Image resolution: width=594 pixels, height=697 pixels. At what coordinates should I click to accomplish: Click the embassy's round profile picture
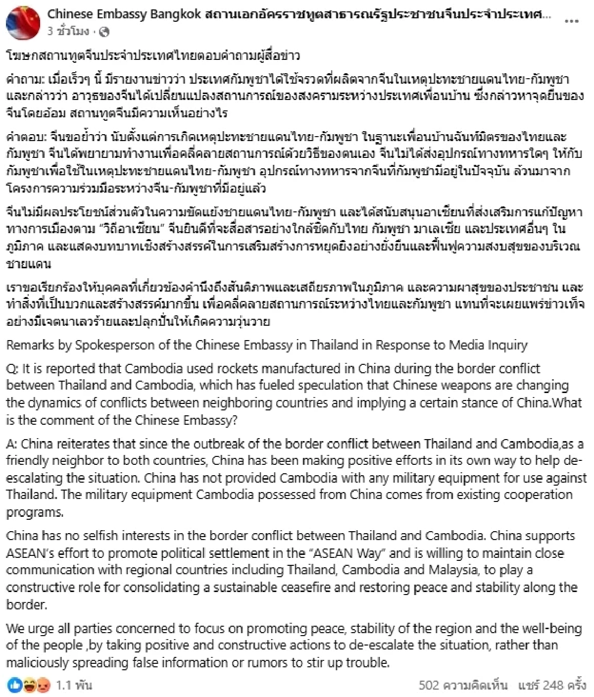tap(23, 23)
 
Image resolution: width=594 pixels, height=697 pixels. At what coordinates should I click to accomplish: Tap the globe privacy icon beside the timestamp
tap(104, 32)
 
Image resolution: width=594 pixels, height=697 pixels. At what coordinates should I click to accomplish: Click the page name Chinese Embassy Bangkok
tap(124, 14)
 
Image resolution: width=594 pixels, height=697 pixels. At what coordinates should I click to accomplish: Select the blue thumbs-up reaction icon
tap(15, 685)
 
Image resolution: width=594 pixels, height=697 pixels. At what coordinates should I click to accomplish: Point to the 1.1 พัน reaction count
tap(74, 686)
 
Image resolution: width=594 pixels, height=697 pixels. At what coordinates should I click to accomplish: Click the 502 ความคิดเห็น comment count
tap(463, 686)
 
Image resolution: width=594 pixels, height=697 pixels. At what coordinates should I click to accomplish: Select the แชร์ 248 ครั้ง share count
tap(552, 686)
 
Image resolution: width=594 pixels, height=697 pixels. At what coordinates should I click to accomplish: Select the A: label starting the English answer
tap(11, 444)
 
